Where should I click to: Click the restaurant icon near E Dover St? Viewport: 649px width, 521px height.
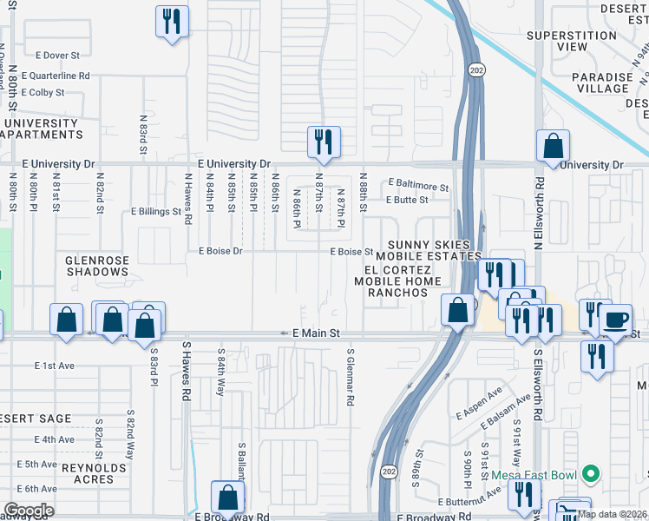coord(172,21)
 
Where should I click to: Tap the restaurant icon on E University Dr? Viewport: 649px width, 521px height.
coord(324,142)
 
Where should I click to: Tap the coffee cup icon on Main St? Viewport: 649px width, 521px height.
coord(616,319)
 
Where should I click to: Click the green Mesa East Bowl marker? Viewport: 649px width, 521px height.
coord(591,474)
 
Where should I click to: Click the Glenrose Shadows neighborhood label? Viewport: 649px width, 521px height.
coord(97,266)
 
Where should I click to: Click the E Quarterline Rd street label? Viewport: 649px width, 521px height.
coord(56,76)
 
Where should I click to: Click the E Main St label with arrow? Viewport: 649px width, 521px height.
coord(310,333)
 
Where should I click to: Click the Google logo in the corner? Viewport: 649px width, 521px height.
coord(29,511)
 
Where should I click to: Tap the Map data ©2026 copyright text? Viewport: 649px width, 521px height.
coord(611,513)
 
